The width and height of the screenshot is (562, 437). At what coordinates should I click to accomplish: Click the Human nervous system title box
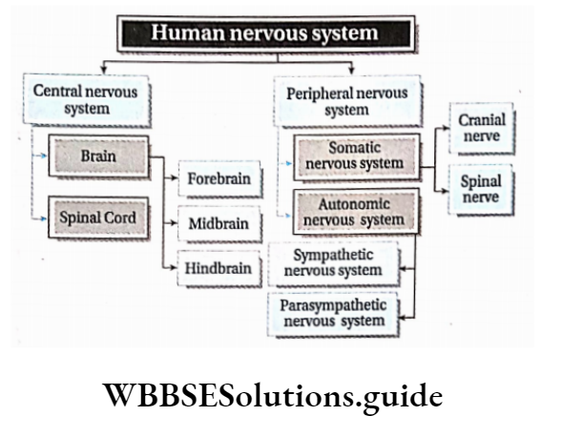(265, 34)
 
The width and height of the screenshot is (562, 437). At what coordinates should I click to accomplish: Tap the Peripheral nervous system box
(346, 101)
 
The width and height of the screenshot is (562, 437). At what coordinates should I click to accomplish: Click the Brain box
(99, 155)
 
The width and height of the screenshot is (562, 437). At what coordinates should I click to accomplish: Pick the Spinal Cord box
(98, 218)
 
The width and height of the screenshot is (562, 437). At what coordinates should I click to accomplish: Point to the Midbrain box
(219, 224)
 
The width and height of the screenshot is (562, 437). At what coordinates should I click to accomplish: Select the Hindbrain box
(219, 268)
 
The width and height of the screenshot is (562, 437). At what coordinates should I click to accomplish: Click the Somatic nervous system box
(354, 156)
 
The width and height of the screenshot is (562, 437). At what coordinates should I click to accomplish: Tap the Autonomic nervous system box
(354, 211)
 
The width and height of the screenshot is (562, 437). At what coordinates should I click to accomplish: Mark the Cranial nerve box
(482, 132)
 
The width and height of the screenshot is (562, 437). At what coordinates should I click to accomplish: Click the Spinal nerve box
(482, 190)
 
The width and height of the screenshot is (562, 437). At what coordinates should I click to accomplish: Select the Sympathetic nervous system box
(333, 264)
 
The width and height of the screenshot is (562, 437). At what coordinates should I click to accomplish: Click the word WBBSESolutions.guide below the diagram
(281, 394)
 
